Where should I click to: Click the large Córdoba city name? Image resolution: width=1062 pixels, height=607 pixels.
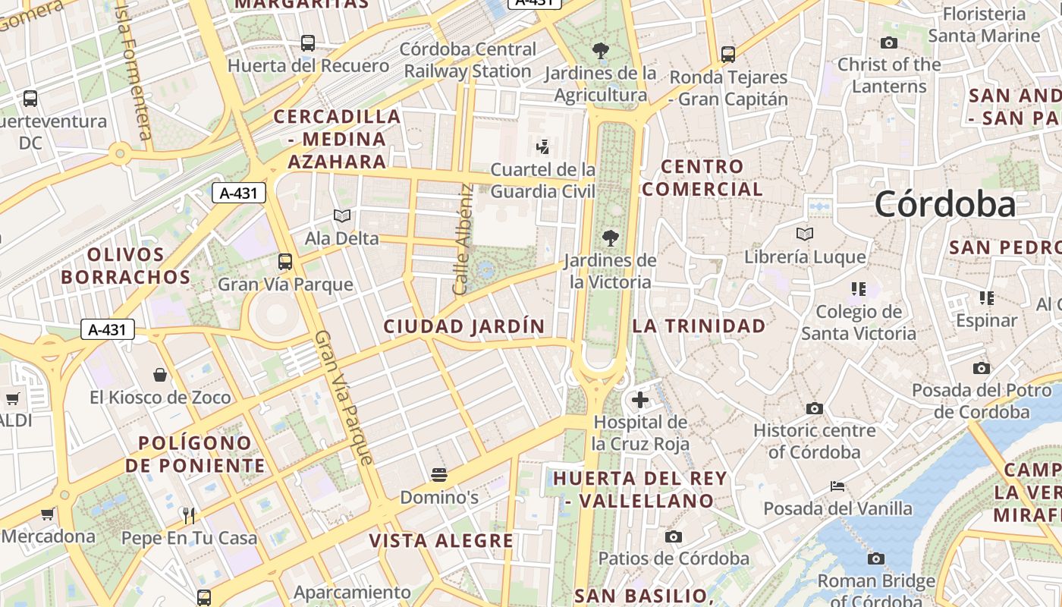tap(944, 205)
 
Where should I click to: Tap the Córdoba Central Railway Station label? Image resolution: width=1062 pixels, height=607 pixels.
tap(468, 61)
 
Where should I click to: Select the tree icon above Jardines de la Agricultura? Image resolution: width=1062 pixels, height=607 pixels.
tap(601, 51)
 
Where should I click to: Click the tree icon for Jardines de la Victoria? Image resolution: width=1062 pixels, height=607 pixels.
tap(610, 238)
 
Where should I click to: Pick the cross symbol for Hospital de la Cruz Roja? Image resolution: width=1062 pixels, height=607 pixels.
tap(640, 399)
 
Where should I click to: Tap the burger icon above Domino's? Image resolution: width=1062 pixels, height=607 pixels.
tap(439, 475)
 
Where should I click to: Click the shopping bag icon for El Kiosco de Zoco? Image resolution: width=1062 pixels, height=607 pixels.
tap(160, 375)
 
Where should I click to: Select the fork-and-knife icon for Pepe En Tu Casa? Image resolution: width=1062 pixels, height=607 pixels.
tap(190, 516)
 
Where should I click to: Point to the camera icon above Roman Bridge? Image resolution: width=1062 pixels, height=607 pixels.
tap(876, 559)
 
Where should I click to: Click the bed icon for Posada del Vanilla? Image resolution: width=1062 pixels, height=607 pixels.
tap(837, 486)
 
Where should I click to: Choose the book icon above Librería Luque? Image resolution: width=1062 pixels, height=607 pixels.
tap(805, 234)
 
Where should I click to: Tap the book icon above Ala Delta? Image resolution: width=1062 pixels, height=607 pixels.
tap(342, 216)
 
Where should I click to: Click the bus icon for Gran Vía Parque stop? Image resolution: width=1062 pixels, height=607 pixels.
tap(285, 262)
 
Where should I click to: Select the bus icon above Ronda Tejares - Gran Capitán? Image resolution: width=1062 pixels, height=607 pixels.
tap(728, 54)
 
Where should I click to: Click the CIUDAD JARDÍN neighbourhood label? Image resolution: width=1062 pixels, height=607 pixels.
tap(464, 327)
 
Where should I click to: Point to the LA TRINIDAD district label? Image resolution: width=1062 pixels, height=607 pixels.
tap(699, 326)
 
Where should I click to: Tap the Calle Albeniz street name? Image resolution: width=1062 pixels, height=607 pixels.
tap(463, 239)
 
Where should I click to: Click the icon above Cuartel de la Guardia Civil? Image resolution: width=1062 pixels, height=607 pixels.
tap(543, 146)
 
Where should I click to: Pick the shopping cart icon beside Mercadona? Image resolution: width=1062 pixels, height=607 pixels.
tap(48, 514)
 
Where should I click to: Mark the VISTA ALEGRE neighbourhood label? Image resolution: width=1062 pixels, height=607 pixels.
tap(441, 541)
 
